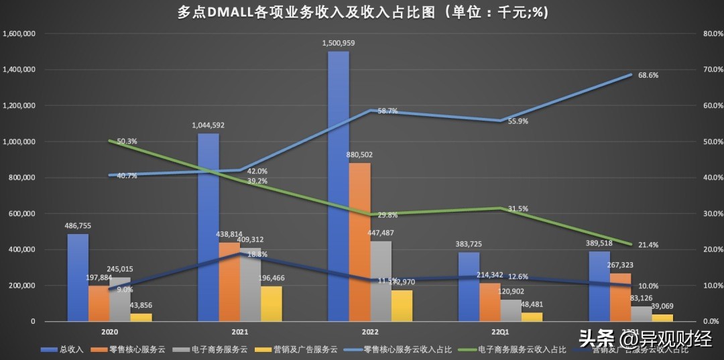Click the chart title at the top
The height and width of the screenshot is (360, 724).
point(363,13)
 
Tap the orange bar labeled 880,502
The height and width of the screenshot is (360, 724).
point(360,242)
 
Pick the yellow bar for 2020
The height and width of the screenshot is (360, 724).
point(141,317)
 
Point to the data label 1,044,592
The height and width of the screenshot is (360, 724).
point(209,125)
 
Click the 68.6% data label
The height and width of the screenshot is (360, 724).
point(648,75)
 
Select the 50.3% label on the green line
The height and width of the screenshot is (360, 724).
point(127,141)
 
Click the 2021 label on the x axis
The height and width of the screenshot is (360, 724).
point(241,331)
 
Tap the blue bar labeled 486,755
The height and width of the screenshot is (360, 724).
point(78,278)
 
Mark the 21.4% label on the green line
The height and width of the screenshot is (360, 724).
point(648,245)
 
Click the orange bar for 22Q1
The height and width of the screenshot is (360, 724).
point(490,302)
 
